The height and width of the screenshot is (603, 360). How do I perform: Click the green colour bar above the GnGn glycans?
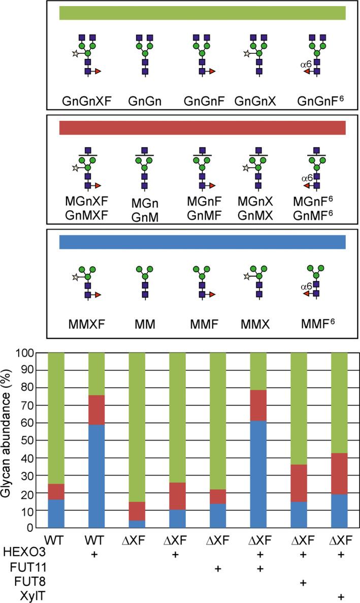pos(202,13)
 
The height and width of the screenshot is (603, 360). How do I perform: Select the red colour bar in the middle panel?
pos(202,128)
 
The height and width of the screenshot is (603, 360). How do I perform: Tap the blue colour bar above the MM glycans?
pos(202,242)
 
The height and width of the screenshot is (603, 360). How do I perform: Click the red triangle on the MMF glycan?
pos(211,294)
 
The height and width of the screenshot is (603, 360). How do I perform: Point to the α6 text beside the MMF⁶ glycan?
pos(306,287)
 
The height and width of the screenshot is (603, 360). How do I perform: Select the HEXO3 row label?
pos(19,553)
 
